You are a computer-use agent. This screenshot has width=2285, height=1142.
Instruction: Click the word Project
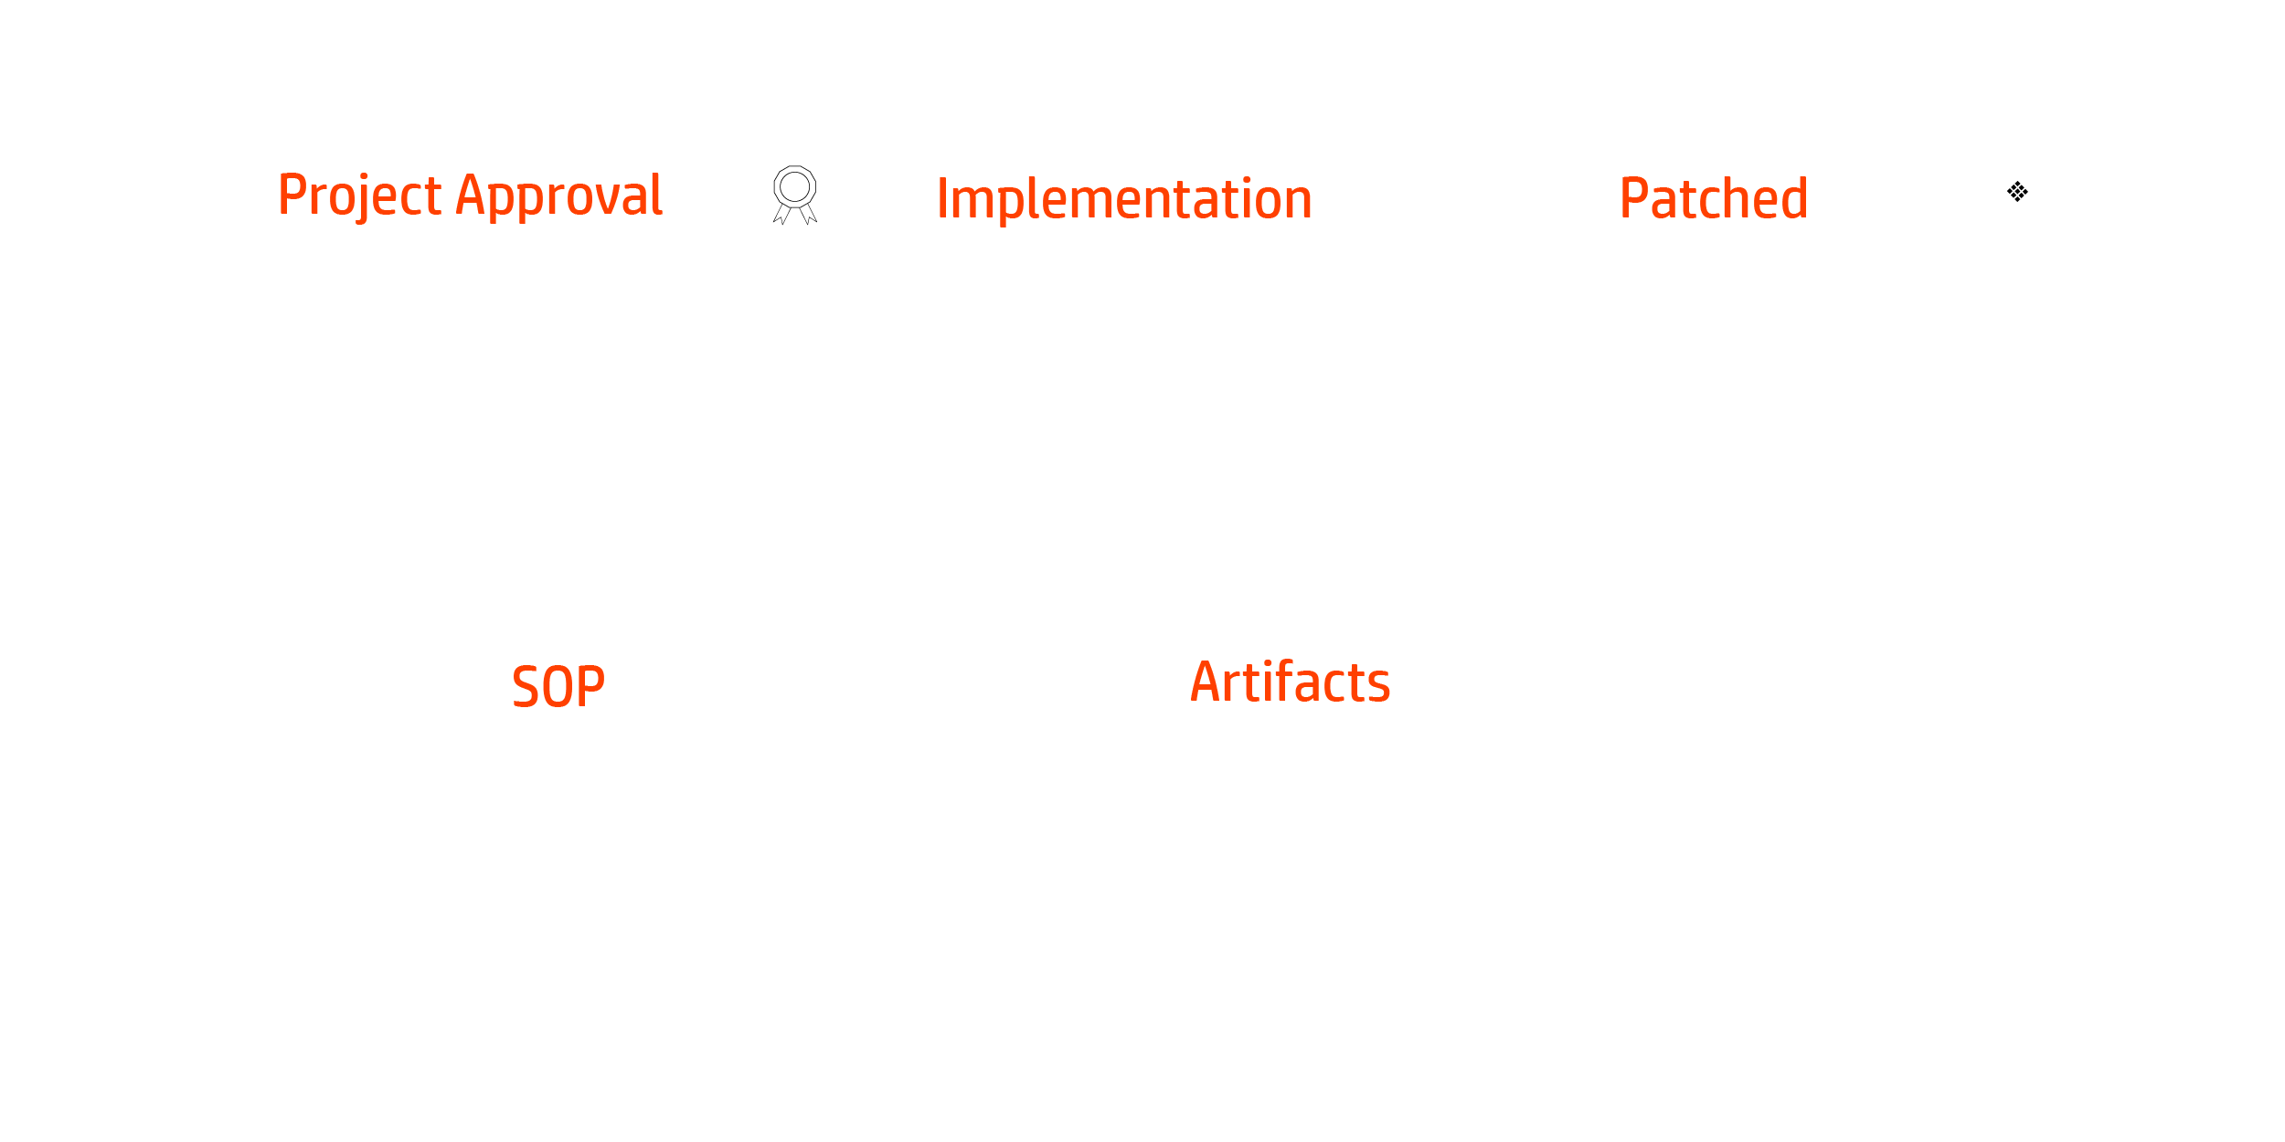(x=360, y=196)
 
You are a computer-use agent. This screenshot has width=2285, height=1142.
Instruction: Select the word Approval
(x=559, y=196)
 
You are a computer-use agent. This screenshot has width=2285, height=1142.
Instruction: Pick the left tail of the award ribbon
(x=781, y=215)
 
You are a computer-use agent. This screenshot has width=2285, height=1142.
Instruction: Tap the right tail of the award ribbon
(x=809, y=215)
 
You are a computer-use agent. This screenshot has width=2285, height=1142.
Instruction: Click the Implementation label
(x=1124, y=200)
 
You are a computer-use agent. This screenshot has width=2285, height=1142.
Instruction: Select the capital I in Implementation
(x=942, y=199)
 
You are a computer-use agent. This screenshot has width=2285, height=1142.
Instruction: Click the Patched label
(x=1714, y=198)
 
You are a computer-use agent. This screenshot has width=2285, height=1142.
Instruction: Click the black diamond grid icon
(x=2017, y=192)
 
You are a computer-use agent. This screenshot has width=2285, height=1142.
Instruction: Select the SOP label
(x=558, y=687)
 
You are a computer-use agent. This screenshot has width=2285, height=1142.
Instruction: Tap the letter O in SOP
(x=558, y=687)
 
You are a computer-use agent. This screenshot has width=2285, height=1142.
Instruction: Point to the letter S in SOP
(x=526, y=687)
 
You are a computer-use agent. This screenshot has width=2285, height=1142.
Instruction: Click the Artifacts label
(x=1290, y=682)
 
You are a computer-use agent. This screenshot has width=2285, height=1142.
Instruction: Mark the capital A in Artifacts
(x=1206, y=683)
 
